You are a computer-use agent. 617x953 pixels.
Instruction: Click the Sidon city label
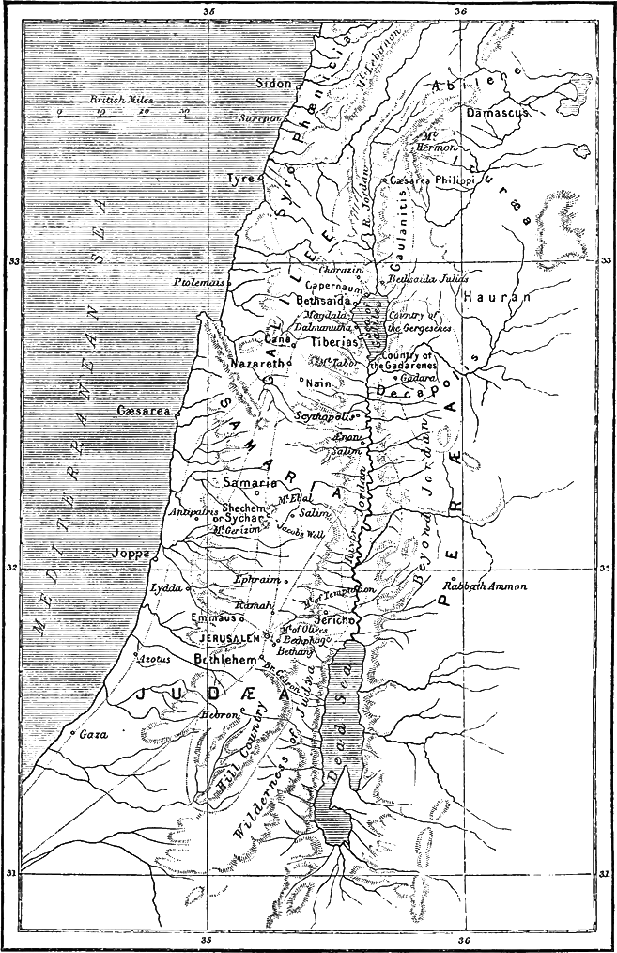pyautogui.click(x=273, y=83)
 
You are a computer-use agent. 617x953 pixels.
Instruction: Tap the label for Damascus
pyautogui.click(x=499, y=111)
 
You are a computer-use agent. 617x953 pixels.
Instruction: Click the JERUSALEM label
pyautogui.click(x=229, y=638)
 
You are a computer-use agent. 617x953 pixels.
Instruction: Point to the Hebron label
pyautogui.click(x=218, y=714)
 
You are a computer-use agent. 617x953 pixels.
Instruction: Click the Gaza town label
pyautogui.click(x=92, y=733)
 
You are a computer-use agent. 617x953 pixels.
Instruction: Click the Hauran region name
pyautogui.click(x=497, y=296)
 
